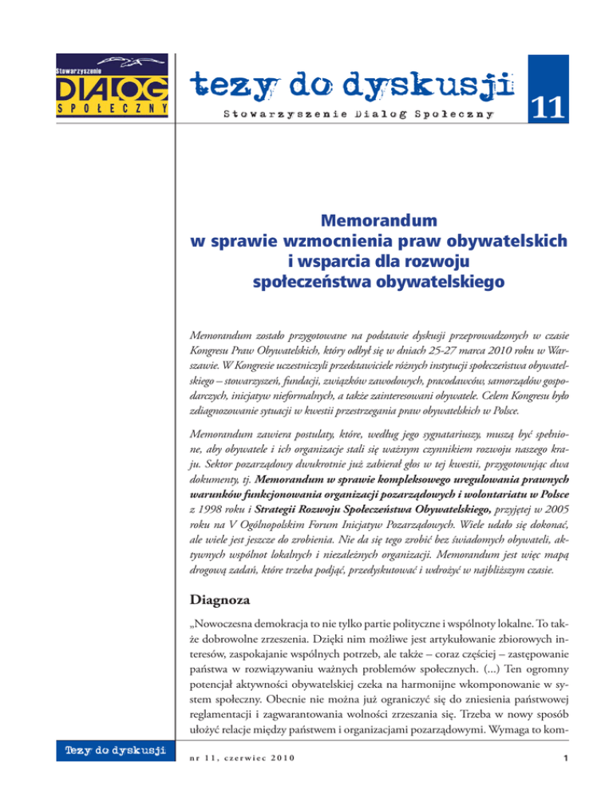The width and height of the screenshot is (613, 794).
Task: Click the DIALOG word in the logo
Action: [112, 85]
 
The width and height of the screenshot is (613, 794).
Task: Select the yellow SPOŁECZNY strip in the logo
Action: [112, 107]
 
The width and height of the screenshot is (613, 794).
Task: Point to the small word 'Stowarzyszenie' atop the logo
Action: [76, 72]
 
